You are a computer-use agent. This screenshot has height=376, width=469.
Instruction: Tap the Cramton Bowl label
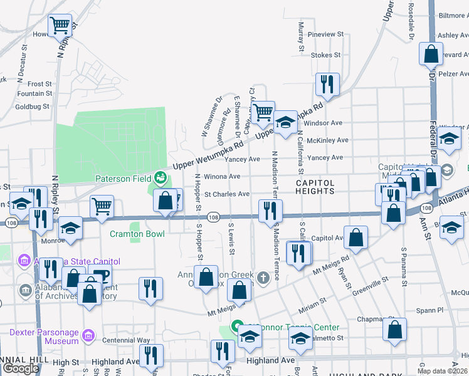click(137, 234)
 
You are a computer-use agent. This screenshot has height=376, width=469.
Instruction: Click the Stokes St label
click(325, 55)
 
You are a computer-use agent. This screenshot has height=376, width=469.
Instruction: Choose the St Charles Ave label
click(227, 194)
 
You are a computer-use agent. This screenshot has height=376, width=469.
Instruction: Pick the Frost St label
click(40, 84)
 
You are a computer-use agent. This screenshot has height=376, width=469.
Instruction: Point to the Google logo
click(21, 368)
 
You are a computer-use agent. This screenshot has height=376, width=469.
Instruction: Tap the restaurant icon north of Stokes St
click(327, 84)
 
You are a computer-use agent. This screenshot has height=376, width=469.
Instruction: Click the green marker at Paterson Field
click(161, 178)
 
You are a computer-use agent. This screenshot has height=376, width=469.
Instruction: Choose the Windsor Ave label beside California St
click(327, 123)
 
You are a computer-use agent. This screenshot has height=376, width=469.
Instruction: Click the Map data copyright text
click(441, 371)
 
